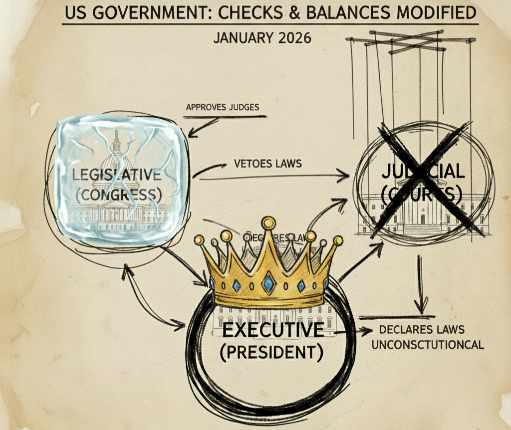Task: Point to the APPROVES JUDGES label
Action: click(x=223, y=107)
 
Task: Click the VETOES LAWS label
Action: click(x=267, y=164)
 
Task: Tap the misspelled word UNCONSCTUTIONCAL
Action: click(x=428, y=344)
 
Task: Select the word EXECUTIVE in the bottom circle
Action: click(x=272, y=330)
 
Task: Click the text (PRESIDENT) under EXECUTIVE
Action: click(x=271, y=352)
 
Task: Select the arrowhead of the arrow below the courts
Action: click(x=422, y=309)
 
